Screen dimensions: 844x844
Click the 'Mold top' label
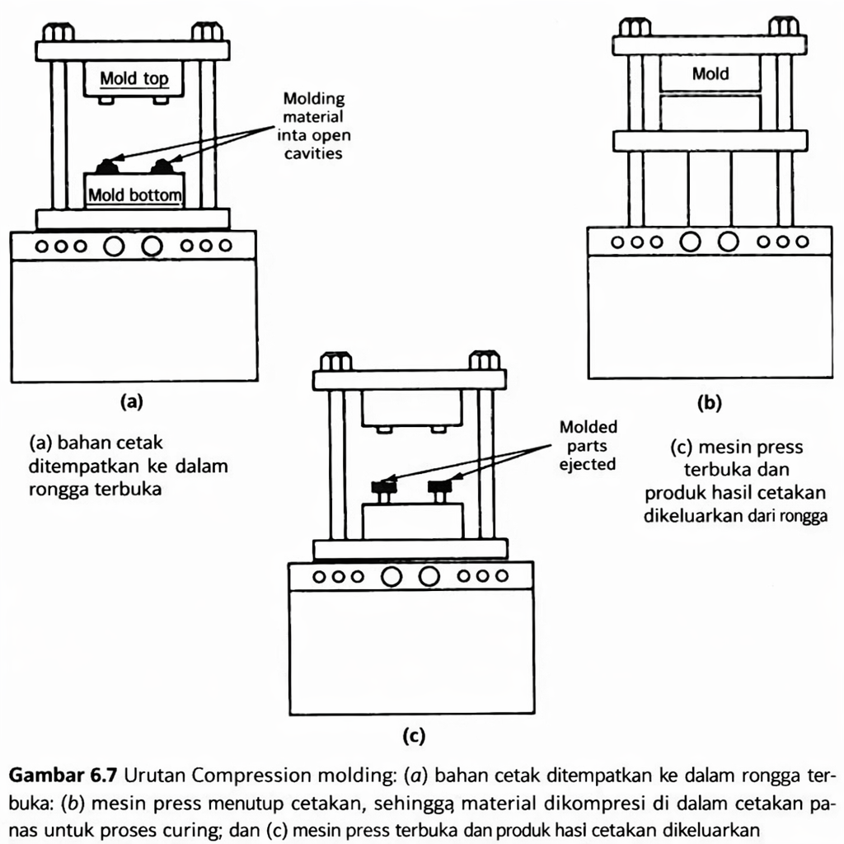134,79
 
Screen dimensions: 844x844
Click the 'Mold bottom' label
134,196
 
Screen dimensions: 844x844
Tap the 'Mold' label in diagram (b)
710,74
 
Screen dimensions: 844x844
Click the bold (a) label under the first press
132,401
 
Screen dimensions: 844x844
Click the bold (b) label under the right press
709,403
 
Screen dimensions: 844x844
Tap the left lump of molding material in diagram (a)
106,167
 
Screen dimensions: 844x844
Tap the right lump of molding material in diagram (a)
162,167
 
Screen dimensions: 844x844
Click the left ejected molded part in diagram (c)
384,488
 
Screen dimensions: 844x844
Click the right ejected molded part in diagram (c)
438,488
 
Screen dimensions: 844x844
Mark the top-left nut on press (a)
58,32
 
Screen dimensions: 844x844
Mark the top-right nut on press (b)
783,26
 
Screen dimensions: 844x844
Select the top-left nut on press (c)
335,361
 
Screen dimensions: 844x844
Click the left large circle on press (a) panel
114,246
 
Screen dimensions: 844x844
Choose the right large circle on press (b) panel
728,242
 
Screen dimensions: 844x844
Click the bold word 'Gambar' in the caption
42,776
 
